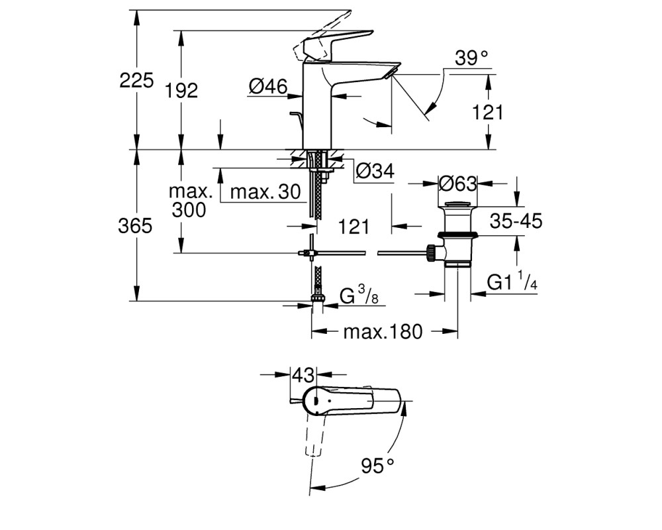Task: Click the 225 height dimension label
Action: click(136, 80)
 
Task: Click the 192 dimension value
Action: click(181, 91)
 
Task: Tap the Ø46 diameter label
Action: click(268, 87)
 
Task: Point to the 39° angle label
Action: click(471, 58)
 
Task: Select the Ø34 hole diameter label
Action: click(375, 171)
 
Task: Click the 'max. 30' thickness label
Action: click(265, 192)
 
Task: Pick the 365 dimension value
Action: click(135, 226)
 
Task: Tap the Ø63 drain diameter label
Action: click(457, 184)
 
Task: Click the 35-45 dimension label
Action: click(516, 221)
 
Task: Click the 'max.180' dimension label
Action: click(383, 332)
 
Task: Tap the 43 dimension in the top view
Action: click(304, 375)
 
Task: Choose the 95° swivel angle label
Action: click(377, 466)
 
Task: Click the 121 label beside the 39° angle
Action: click(488, 113)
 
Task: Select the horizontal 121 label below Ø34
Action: click(354, 227)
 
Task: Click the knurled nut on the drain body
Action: click(431, 252)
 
